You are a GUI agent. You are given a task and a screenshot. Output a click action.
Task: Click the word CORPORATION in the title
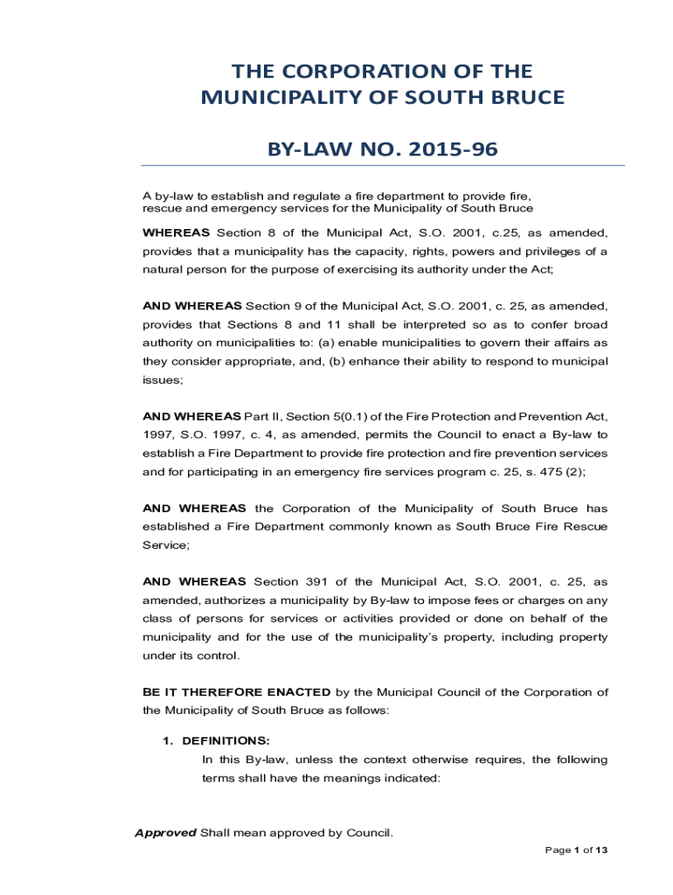[361, 72]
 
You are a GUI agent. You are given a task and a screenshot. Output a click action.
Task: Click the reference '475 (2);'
[561, 471]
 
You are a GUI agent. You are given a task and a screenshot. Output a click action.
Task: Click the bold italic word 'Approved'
[165, 832]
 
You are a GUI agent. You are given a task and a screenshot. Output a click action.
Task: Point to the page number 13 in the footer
[600, 850]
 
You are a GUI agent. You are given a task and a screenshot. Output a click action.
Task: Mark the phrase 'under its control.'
[190, 656]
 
